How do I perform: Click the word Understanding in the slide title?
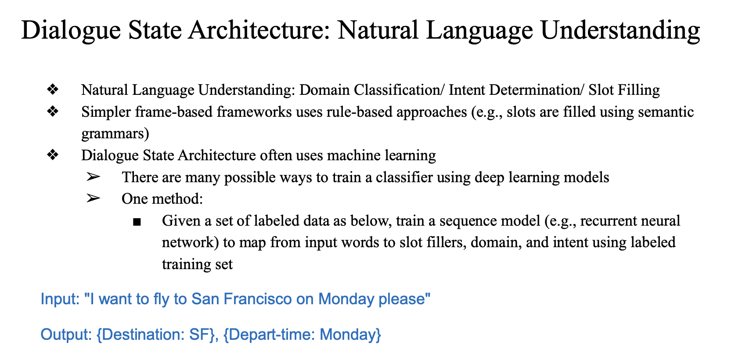tap(620, 31)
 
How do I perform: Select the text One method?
tap(162, 199)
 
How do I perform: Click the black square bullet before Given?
tap(137, 222)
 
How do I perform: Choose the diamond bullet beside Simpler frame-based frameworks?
tap(53, 112)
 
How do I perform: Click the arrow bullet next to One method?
tap(93, 198)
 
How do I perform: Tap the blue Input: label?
tap(60, 299)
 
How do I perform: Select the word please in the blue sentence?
tap(402, 299)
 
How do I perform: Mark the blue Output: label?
tap(66, 335)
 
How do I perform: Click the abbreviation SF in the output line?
tap(200, 335)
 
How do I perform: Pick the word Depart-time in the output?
tap(272, 335)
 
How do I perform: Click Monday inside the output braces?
tap(347, 335)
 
